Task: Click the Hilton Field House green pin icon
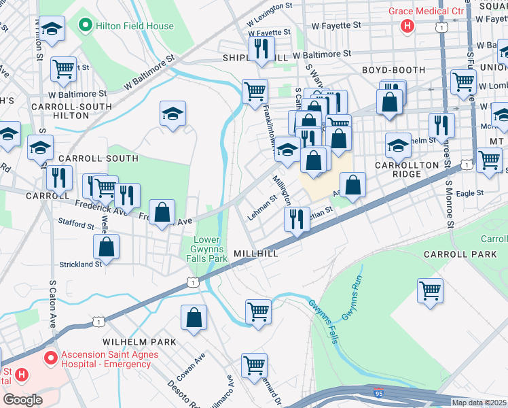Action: pyautogui.click(x=86, y=27)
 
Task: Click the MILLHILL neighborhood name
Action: pyautogui.click(x=256, y=253)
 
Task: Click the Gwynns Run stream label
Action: pyautogui.click(x=352, y=300)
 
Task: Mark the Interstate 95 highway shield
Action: pyautogui.click(x=377, y=392)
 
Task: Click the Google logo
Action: pyautogui.click(x=22, y=400)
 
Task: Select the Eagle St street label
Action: pyautogui.click(x=469, y=193)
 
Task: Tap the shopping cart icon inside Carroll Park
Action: pyautogui.click(x=430, y=290)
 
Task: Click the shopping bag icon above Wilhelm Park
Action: pyautogui.click(x=194, y=316)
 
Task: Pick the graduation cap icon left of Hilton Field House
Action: pyautogui.click(x=51, y=29)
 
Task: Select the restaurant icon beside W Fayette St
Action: pyautogui.click(x=260, y=48)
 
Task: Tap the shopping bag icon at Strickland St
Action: pyautogui.click(x=107, y=247)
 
